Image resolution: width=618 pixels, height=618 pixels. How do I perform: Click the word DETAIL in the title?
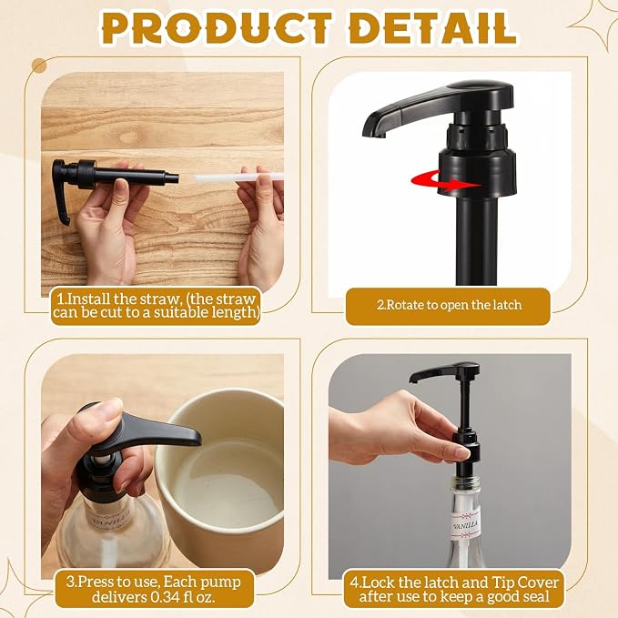click(x=432, y=28)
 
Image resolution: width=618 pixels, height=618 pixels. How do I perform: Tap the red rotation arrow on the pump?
click(x=444, y=182)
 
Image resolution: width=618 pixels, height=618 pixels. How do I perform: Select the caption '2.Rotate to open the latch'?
click(x=449, y=305)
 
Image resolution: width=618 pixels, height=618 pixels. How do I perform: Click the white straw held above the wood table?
click(x=238, y=177)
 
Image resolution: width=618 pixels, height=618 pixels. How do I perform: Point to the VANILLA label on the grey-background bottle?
click(x=466, y=524)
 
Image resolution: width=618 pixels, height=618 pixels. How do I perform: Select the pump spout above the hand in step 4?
click(x=445, y=372)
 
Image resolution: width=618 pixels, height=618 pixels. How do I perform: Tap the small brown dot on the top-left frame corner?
click(x=39, y=66)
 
